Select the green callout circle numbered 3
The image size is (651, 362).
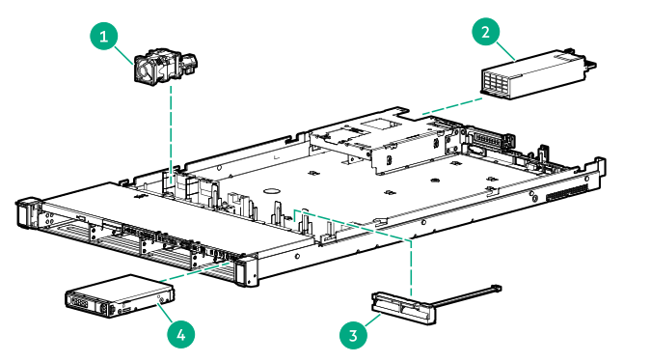click(x=354, y=335)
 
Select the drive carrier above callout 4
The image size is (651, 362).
click(x=117, y=299)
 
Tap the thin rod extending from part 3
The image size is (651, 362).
click(x=463, y=294)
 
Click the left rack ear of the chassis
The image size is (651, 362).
click(x=27, y=212)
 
